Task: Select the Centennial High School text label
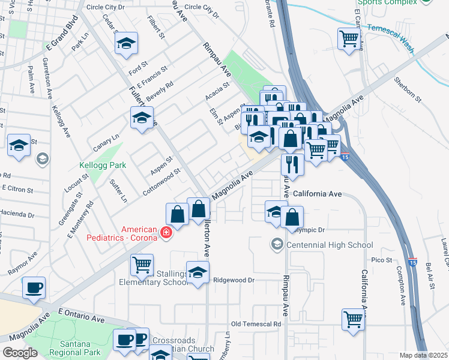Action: pos(330,245)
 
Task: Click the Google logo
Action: pos(20,353)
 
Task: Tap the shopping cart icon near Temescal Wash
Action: pos(348,40)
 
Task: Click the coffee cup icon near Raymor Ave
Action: pos(33,287)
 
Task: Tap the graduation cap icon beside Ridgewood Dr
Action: pos(197,272)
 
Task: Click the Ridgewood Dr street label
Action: pos(235,280)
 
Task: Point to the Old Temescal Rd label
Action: pos(256,324)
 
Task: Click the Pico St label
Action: pos(381,260)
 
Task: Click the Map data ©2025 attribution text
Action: pos(423,355)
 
